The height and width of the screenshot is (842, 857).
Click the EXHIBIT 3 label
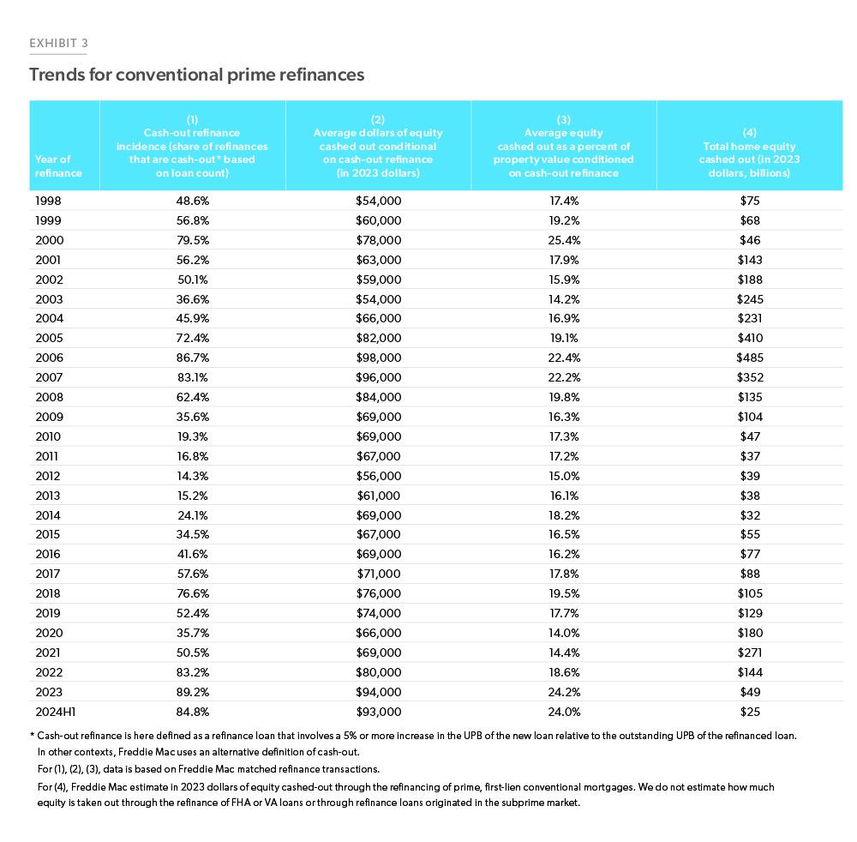coord(58,42)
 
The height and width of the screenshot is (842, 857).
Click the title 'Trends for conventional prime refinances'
coord(196,75)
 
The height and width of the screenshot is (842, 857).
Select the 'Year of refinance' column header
coord(58,165)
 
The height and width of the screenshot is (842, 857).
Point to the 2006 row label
coord(49,358)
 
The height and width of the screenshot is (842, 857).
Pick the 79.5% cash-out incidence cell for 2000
coord(192,240)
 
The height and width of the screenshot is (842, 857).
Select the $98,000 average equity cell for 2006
coord(378,358)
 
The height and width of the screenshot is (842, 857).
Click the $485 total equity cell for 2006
coord(749,358)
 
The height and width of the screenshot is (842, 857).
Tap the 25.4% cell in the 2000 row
coord(564,240)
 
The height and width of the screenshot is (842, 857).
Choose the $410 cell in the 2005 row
coord(749,338)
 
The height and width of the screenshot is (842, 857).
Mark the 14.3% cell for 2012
coord(192,476)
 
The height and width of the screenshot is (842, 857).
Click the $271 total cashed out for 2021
coord(749,652)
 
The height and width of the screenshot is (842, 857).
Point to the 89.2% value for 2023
coord(192,691)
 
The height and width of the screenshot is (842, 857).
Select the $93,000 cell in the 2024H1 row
coord(378,711)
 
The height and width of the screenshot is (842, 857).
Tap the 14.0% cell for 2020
coord(564,633)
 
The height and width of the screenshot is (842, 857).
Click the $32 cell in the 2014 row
coord(749,514)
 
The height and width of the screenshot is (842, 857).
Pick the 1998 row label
coord(49,201)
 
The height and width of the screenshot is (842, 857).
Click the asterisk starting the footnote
coord(33,735)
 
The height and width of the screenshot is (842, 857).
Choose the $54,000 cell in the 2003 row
coord(378,299)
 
